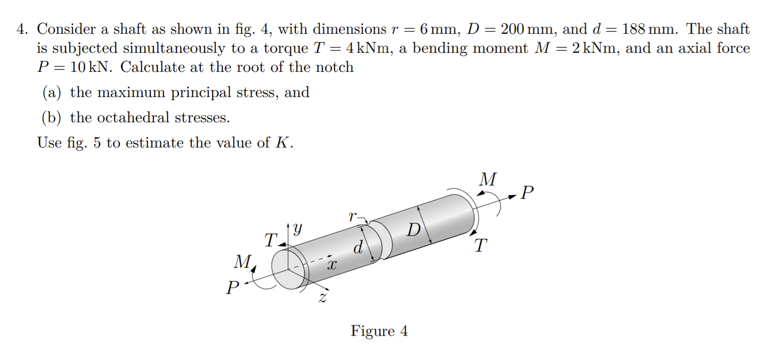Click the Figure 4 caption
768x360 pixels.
point(379,331)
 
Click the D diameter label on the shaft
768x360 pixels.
point(413,230)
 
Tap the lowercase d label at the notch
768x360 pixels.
point(358,247)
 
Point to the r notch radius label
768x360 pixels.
point(352,216)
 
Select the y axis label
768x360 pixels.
point(297,229)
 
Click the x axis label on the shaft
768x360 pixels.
point(331,264)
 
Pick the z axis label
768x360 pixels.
point(323,298)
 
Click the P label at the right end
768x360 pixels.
point(527,193)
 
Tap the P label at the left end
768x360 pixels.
point(232,287)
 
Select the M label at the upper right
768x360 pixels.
point(487,179)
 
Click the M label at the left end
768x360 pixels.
point(243,261)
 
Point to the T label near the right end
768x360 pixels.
point(480,246)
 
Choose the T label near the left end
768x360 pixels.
point(270,240)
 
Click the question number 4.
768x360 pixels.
point(21,29)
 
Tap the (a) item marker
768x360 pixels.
point(52,92)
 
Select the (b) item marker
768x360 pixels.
point(52,117)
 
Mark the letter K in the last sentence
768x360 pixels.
point(282,143)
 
